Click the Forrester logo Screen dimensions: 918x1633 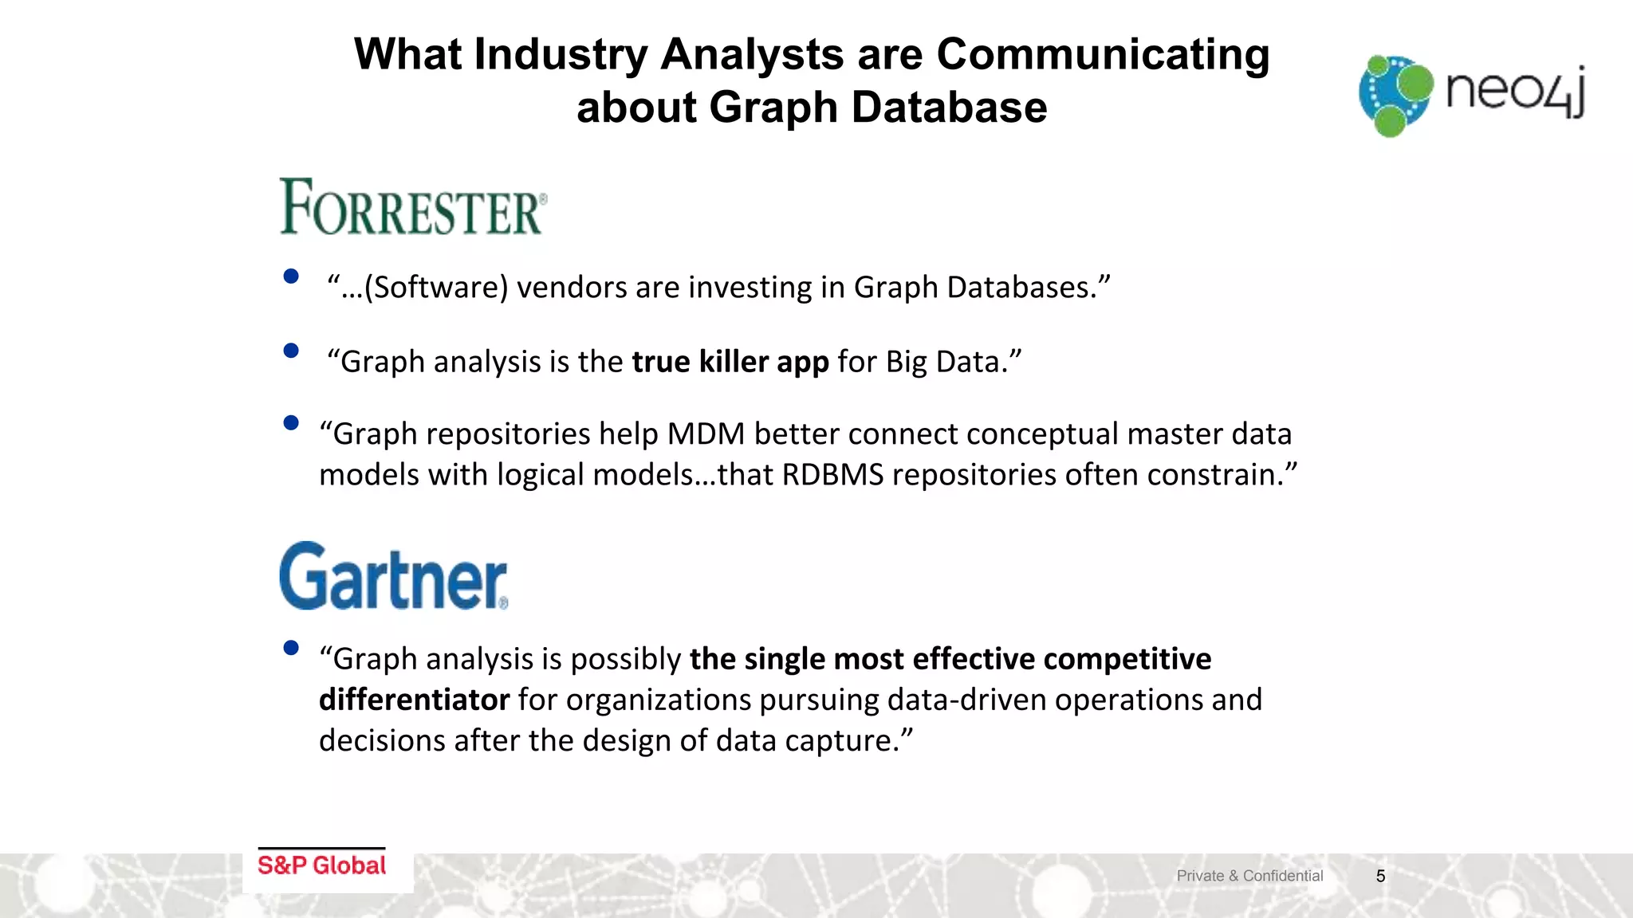point(412,207)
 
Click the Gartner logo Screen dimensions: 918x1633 point(393,577)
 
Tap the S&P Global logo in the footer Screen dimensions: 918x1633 point(321,865)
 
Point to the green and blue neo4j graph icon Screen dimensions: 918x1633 point(1395,95)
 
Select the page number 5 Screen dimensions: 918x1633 point(1380,876)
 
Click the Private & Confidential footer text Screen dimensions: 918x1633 point(1249,876)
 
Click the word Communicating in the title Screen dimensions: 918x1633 point(1102,54)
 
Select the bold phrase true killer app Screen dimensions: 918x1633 point(730,362)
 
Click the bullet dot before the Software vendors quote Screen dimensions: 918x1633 point(291,277)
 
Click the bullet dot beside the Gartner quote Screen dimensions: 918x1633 point(291,648)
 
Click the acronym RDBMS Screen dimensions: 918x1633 point(832,475)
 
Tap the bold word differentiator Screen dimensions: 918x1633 point(414,700)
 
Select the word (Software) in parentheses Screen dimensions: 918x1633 point(436,288)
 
